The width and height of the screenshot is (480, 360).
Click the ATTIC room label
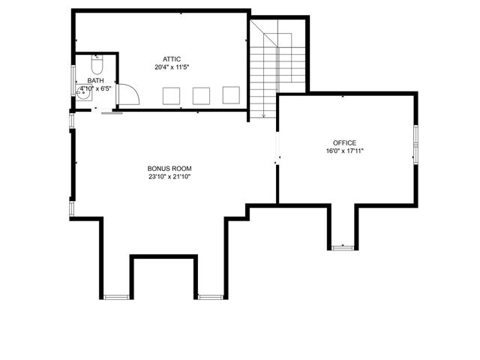pos(172,58)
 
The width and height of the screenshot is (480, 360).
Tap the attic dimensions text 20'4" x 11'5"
pos(172,67)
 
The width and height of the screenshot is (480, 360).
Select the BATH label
pos(95,80)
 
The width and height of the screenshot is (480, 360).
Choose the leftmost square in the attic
pos(172,95)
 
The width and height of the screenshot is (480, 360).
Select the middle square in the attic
pos(201,95)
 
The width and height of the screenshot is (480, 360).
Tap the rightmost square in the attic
pos(230,95)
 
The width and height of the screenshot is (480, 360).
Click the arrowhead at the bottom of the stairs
pos(264,115)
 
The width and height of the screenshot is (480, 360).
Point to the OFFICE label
pos(344,142)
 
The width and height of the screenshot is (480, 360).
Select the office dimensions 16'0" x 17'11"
pos(344,151)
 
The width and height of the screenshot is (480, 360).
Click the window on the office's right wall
pos(415,142)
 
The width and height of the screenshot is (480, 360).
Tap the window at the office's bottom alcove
pos(342,247)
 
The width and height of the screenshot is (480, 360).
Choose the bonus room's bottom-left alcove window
pos(116,297)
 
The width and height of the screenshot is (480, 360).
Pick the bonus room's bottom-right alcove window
pos(211,297)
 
